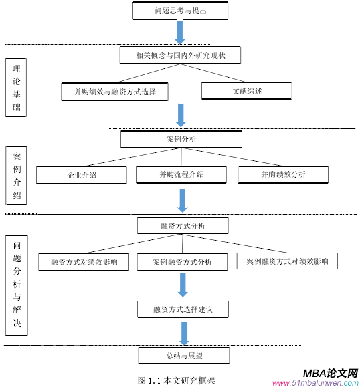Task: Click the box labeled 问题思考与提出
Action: (x=181, y=11)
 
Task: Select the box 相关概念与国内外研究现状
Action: (x=180, y=55)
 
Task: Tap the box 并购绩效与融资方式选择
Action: (x=114, y=91)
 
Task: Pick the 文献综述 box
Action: (x=247, y=90)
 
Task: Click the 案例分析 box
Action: (x=181, y=139)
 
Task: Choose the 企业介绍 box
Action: (x=82, y=175)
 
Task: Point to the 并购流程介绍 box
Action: (x=181, y=174)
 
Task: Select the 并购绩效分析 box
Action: (x=283, y=174)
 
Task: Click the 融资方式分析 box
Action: (x=182, y=225)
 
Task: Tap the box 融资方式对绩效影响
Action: (x=84, y=262)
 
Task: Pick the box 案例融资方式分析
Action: (x=182, y=262)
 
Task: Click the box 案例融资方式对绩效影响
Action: (x=287, y=261)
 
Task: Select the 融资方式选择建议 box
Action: (x=182, y=309)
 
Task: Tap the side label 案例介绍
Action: (x=16, y=176)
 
